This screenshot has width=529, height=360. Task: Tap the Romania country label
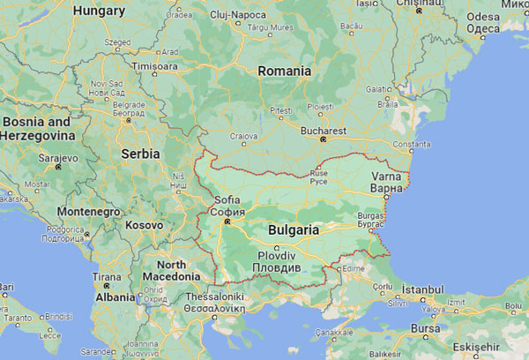(x=284, y=71)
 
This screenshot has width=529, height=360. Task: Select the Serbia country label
(x=139, y=153)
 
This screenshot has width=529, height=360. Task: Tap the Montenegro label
(x=88, y=212)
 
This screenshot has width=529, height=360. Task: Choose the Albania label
(x=114, y=297)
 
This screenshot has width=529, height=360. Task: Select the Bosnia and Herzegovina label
(x=35, y=128)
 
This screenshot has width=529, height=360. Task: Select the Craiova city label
(x=243, y=136)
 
